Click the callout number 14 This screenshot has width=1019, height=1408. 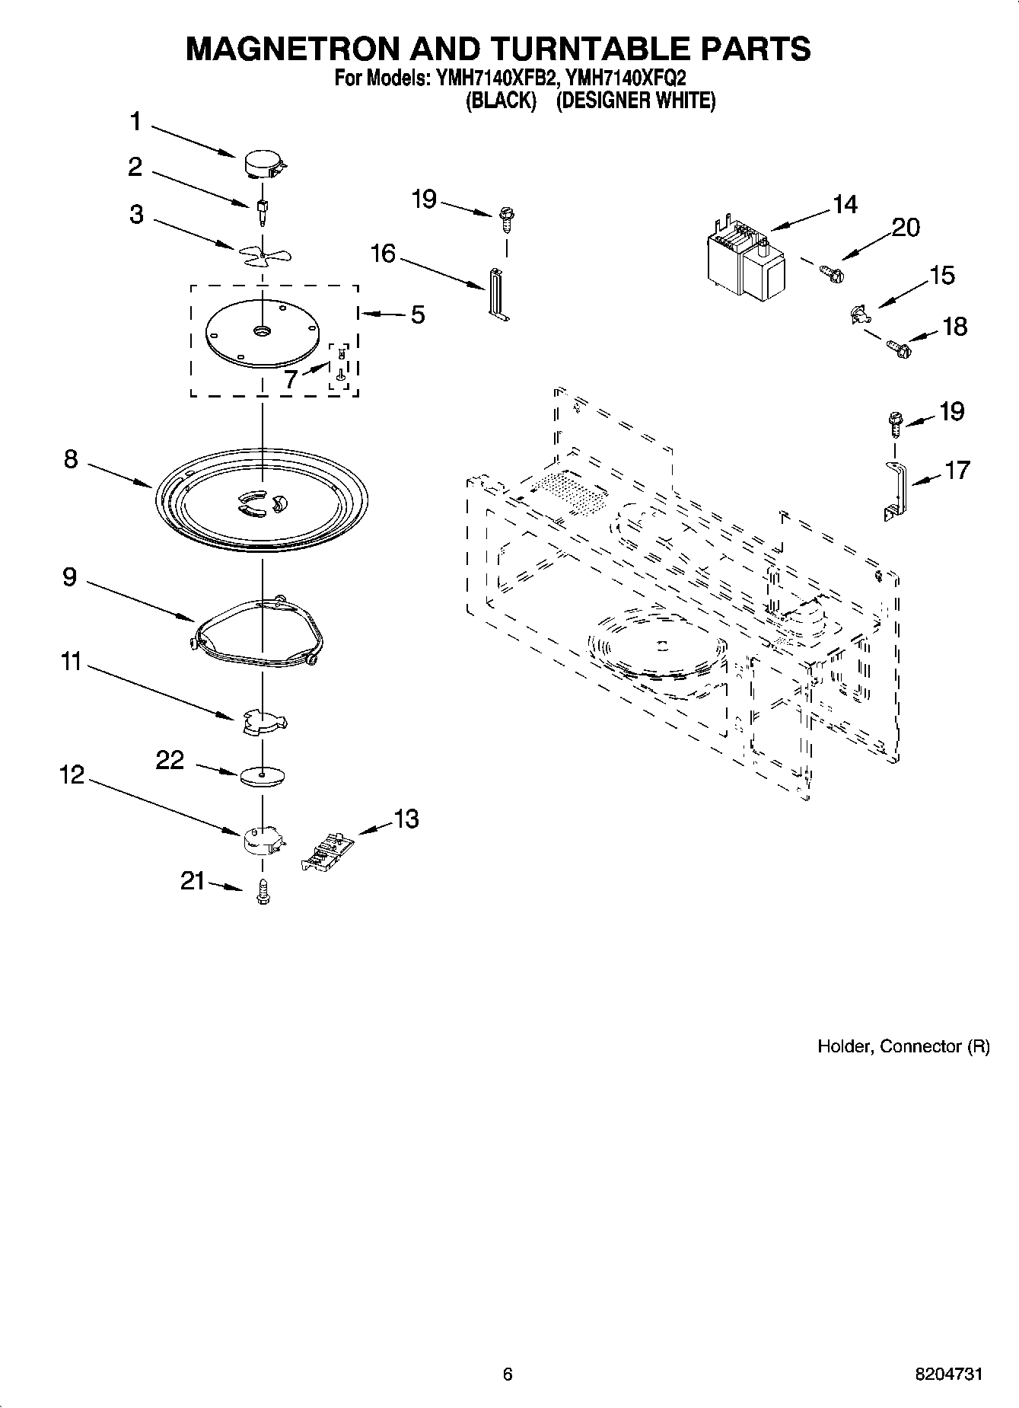tap(844, 204)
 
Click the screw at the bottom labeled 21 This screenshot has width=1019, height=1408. tap(263, 891)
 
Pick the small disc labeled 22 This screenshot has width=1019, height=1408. tap(262, 776)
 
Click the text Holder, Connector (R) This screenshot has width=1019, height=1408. tap(903, 1046)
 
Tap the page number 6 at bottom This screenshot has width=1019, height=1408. tap(508, 1374)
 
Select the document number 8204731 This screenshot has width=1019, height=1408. tap(948, 1374)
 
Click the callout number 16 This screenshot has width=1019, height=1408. tap(383, 253)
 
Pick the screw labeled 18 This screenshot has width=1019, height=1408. tap(899, 350)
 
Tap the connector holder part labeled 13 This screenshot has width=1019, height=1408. tap(328, 851)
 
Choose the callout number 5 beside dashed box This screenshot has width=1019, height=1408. tap(418, 314)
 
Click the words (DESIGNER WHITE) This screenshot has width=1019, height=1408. tap(635, 101)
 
